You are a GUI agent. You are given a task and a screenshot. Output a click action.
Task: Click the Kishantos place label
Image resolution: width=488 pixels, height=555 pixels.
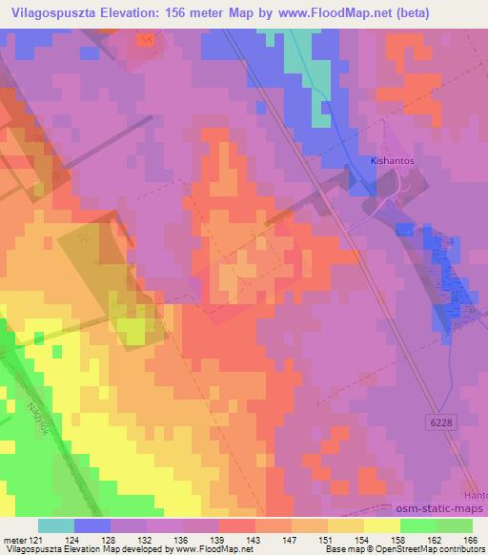point(391,163)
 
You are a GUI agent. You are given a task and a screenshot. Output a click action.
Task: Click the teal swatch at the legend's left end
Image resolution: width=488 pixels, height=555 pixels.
point(56,525)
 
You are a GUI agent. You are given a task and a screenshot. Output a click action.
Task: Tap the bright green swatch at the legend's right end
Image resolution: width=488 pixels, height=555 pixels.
point(454,525)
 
